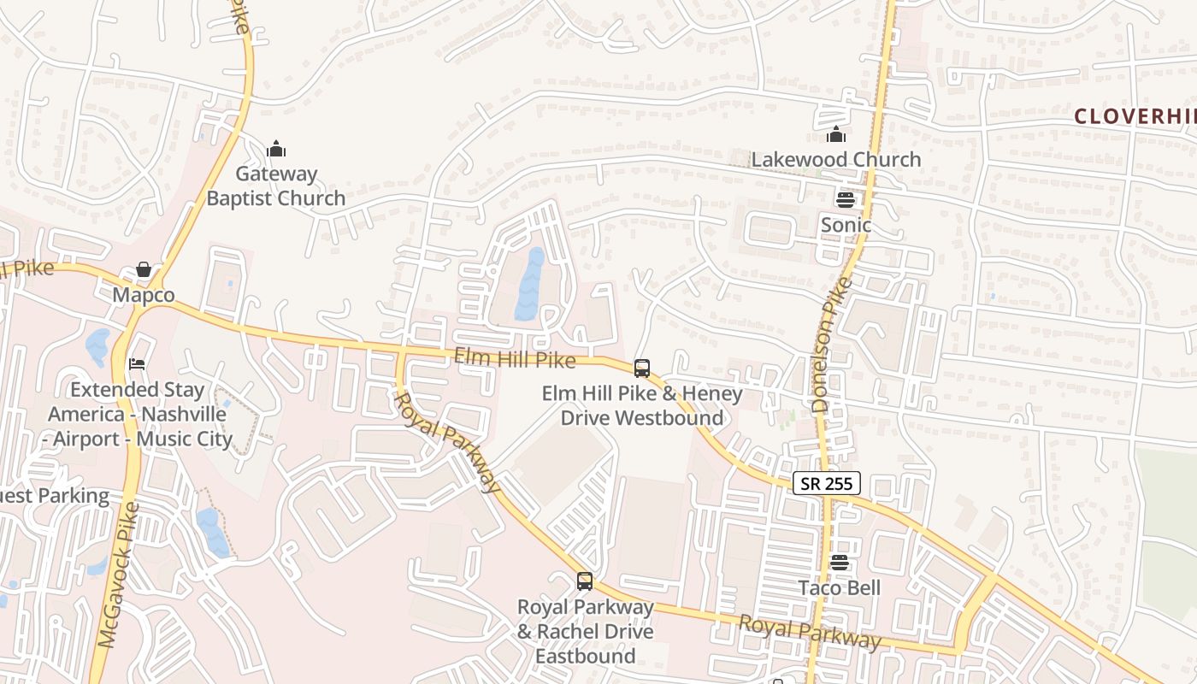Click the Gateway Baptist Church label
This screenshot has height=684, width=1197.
point(275,186)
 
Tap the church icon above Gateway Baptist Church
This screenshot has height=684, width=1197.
point(275,150)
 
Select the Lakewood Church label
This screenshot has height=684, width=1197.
point(835,160)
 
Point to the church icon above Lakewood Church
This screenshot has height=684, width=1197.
point(835,134)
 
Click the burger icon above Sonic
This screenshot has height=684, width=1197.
point(846,200)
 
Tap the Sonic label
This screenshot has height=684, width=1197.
point(846,225)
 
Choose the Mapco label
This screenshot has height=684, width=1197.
point(144,295)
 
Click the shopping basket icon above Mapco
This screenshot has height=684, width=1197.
point(144,270)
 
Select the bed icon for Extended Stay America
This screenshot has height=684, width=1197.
point(137,363)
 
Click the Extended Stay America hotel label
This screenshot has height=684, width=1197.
point(139,415)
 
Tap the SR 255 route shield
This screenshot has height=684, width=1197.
point(825,484)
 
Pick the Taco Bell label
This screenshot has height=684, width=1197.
point(839,588)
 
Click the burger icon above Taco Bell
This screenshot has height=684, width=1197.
point(839,563)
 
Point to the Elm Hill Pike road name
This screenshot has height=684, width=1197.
point(515,360)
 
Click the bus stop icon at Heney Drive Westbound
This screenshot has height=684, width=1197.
point(642,369)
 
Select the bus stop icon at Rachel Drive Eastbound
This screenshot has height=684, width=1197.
point(585,581)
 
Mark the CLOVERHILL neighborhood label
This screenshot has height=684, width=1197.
point(1134,116)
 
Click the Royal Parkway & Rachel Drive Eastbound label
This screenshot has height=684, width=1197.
point(585,632)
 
